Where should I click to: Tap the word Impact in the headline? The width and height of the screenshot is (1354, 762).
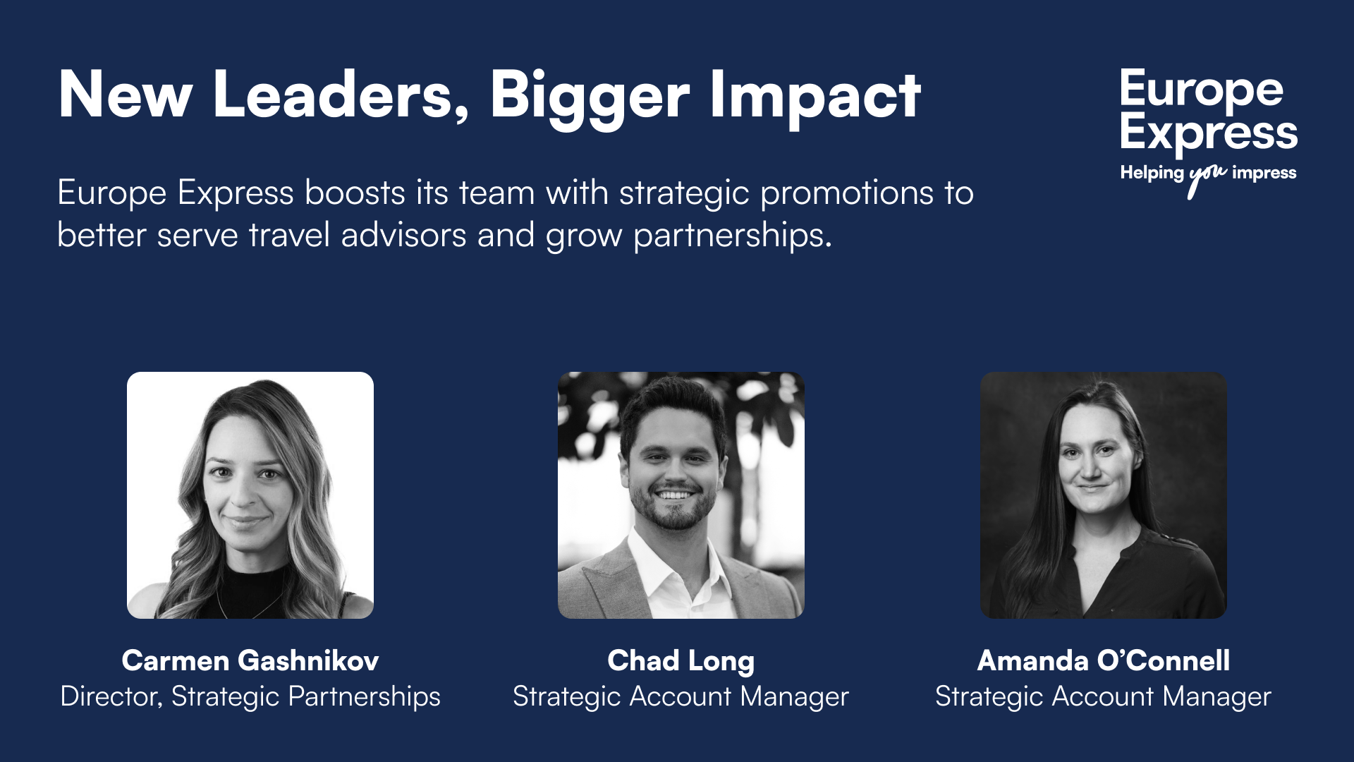815,95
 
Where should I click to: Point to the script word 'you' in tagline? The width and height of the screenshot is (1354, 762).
1207,176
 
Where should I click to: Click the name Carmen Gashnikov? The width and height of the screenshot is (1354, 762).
250,660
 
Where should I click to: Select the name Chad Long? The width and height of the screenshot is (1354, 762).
681,660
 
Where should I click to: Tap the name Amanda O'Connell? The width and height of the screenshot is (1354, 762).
1103,660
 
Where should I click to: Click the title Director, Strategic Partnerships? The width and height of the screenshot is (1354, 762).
250,696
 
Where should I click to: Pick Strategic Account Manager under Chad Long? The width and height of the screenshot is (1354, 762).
681,696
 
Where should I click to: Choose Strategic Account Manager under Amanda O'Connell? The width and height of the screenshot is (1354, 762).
1103,696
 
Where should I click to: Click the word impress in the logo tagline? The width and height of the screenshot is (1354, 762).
1264,173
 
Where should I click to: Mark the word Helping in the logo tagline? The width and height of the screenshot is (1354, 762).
1152,173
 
